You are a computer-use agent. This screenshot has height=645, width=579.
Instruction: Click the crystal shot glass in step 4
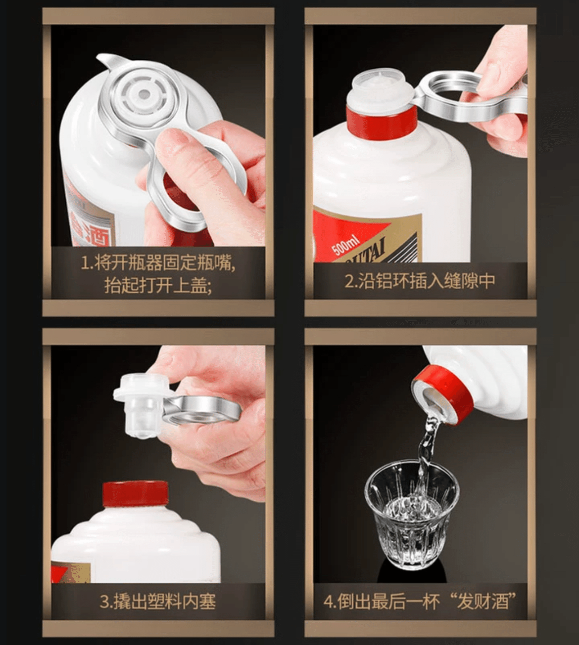[412, 514]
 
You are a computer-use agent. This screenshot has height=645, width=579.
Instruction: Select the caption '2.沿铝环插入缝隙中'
[420, 281]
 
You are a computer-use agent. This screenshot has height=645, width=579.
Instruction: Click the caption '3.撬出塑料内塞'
[157, 602]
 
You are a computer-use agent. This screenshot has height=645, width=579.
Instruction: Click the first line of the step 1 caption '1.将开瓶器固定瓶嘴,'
[157, 263]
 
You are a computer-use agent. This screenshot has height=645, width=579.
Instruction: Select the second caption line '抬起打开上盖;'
[157, 286]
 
